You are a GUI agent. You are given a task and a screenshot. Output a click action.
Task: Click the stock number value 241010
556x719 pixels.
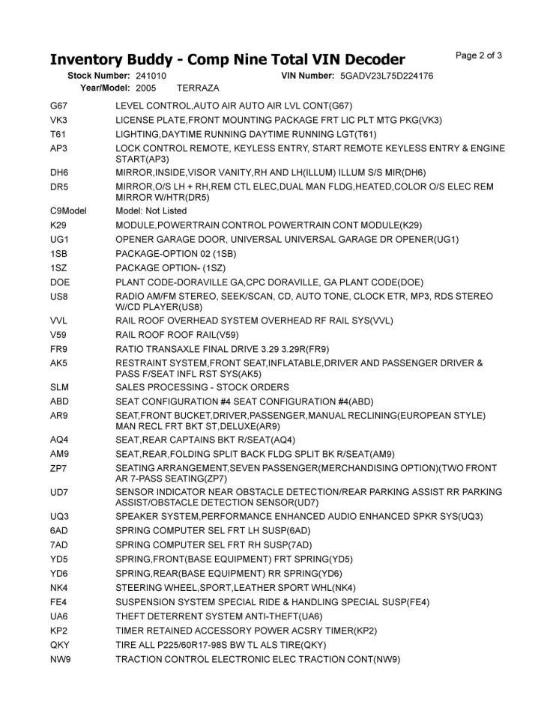coord(151,76)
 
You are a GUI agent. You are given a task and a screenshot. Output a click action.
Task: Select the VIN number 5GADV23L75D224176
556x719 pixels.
coord(386,76)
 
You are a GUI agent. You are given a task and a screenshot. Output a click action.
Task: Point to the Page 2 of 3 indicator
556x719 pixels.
coord(479,55)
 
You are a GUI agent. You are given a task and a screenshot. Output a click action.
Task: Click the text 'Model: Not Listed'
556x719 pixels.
coord(151,211)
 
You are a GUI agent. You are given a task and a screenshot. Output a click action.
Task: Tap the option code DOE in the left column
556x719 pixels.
coord(60,282)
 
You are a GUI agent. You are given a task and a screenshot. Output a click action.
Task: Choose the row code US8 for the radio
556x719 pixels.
coord(59,297)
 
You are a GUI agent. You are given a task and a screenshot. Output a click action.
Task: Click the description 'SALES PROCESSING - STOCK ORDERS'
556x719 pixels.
coord(202,387)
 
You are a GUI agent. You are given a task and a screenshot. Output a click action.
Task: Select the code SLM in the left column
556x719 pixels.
coord(60,387)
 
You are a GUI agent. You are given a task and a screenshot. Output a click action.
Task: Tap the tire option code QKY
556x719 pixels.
coord(60,645)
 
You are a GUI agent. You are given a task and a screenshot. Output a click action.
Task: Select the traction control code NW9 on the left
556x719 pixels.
coord(61,659)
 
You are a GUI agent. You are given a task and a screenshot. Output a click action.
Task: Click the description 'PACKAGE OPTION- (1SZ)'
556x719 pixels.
coord(171,268)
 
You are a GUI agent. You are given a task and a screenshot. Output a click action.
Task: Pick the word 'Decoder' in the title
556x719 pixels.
coord(368,59)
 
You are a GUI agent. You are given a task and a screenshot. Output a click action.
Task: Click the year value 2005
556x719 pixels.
coord(146,88)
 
